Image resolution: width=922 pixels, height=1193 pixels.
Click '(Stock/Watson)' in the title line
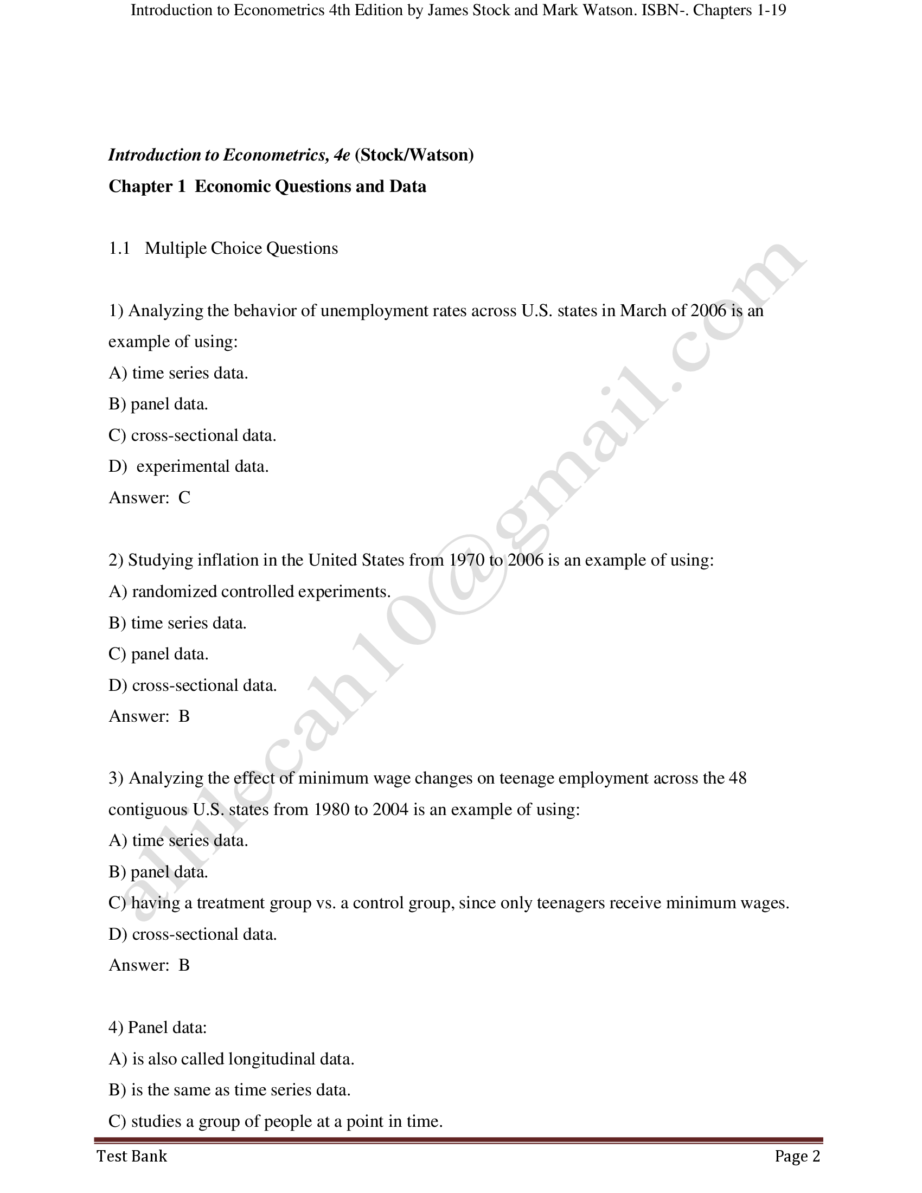click(414, 155)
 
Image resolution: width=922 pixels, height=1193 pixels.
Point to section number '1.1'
click(119, 248)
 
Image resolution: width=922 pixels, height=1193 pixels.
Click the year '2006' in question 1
click(708, 311)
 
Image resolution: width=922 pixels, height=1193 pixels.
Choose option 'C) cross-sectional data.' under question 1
click(193, 435)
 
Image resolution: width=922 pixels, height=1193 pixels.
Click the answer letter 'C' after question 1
click(184, 498)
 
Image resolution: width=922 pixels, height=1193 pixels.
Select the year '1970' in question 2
click(466, 561)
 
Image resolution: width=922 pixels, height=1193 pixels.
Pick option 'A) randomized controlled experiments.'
click(249, 592)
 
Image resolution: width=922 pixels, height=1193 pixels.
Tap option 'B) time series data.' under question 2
click(177, 623)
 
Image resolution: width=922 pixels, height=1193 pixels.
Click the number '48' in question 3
click(738, 778)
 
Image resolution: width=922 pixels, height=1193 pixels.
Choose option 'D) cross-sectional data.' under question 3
click(193, 934)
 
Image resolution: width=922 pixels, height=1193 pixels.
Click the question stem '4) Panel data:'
click(157, 1028)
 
